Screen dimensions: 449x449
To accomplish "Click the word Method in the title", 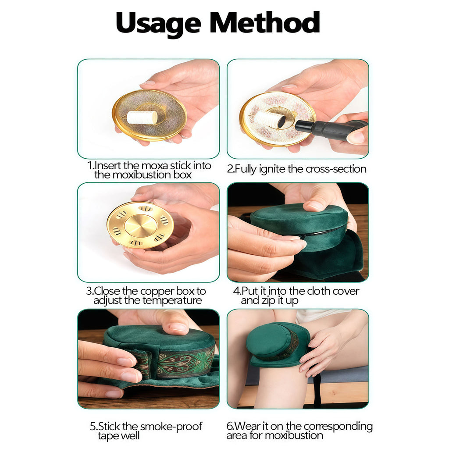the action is (x=265, y=22).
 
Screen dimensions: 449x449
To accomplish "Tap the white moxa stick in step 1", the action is (x=143, y=118).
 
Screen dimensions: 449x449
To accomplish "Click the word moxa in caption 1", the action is (x=155, y=165).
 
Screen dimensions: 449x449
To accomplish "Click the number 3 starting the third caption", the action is (x=89, y=291).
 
